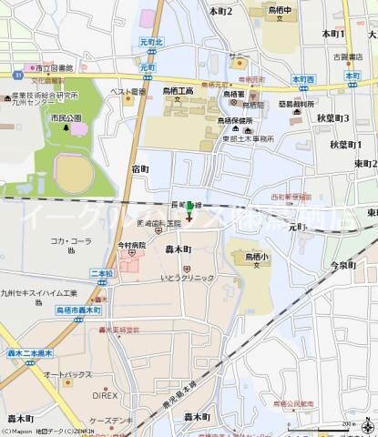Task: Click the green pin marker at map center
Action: click(x=189, y=208)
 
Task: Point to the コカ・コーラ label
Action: click(x=68, y=241)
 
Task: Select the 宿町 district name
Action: click(x=140, y=168)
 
